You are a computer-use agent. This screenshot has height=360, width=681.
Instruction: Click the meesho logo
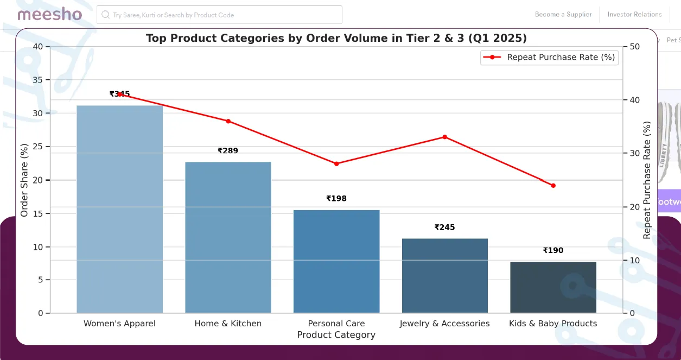coord(49,15)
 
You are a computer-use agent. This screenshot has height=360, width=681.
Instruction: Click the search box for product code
coord(219,15)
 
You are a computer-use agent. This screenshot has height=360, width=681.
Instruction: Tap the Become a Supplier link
coord(563,15)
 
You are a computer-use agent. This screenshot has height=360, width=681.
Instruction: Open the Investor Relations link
coord(634,15)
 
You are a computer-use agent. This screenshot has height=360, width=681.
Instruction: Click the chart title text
coord(336,38)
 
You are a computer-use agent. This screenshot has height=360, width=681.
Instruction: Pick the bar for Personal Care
coord(336,261)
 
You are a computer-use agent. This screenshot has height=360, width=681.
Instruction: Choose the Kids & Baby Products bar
coord(553,287)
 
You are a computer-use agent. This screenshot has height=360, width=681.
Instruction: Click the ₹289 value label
coord(228,150)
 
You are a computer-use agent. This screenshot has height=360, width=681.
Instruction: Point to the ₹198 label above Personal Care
coord(336,199)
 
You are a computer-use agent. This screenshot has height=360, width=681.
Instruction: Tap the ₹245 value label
coord(444,228)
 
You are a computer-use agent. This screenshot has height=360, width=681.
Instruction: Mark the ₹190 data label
coord(553,250)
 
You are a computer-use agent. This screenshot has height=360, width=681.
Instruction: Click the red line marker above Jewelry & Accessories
coord(444,137)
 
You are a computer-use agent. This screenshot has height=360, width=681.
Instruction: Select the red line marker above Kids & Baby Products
coord(553,186)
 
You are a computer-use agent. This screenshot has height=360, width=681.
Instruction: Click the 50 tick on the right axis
coord(634,47)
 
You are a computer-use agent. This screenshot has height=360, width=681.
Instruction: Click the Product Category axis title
coord(336,335)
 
